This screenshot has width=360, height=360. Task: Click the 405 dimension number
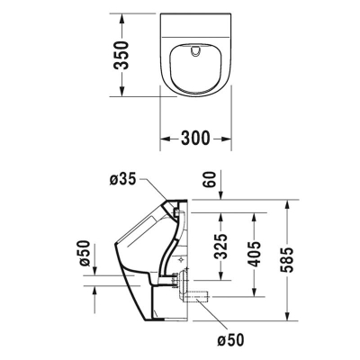point(255,258)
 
